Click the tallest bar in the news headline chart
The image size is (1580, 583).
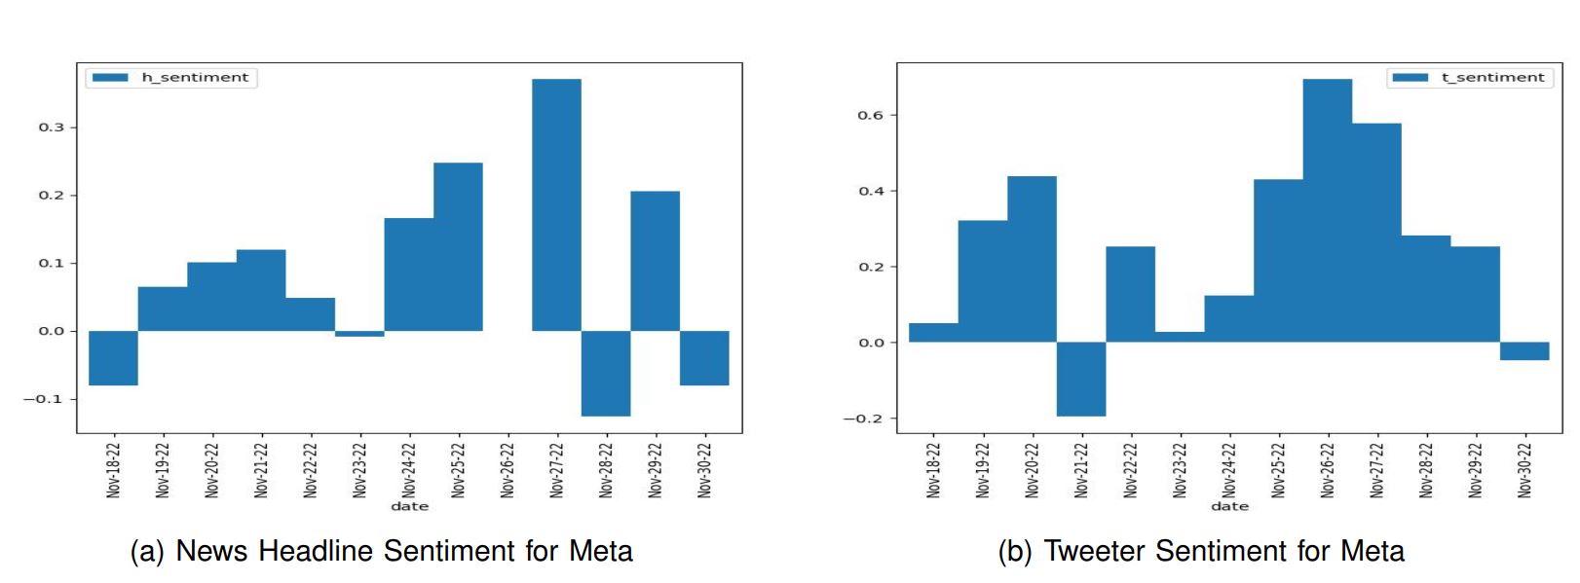pos(556,204)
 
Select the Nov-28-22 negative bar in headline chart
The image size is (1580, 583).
pos(606,373)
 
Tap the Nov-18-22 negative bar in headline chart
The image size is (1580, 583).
pos(113,357)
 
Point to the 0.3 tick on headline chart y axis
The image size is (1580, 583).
pos(52,128)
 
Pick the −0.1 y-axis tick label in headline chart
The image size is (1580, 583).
pos(44,399)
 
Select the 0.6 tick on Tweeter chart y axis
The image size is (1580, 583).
pos(871,115)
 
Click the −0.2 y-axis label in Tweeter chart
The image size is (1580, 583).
pos(864,419)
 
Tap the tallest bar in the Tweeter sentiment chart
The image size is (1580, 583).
pos(1327,210)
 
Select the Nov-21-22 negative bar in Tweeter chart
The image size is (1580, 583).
pos(1080,379)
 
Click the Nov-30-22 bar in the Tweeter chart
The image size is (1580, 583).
pos(1524,351)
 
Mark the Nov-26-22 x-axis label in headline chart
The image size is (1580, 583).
pos(508,470)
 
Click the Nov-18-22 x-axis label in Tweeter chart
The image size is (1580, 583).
pos(933,470)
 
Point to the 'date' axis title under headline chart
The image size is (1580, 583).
pos(409,506)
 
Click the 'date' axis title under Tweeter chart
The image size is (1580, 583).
pos(1229,506)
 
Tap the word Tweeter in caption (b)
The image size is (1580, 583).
pos(1095,551)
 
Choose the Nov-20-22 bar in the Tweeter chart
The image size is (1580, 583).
pos(1032,259)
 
